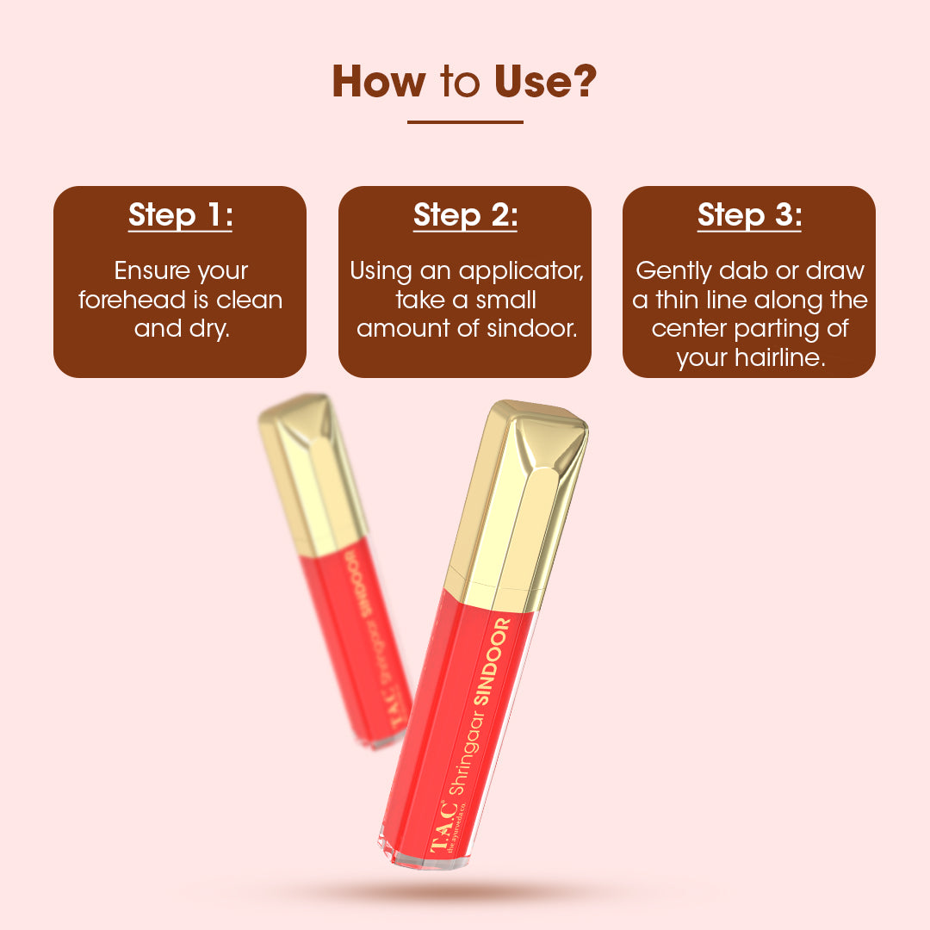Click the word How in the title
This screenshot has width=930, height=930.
pyautogui.click(x=378, y=81)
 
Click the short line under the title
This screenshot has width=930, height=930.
pyautogui.click(x=465, y=122)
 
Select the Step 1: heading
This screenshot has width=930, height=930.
pyautogui.click(x=180, y=214)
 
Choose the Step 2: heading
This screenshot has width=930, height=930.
pyautogui.click(x=465, y=214)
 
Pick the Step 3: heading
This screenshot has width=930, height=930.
pyautogui.click(x=749, y=214)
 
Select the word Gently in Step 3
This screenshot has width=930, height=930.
pyautogui.click(x=673, y=271)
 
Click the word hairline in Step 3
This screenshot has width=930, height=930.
pyautogui.click(x=779, y=357)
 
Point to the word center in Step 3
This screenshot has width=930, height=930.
pyautogui.click(x=689, y=329)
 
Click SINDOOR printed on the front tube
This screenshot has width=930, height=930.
pyautogui.click(x=492, y=660)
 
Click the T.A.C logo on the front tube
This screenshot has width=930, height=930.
pyautogui.click(x=443, y=827)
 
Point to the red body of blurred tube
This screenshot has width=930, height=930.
pyautogui.click(x=356, y=647)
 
